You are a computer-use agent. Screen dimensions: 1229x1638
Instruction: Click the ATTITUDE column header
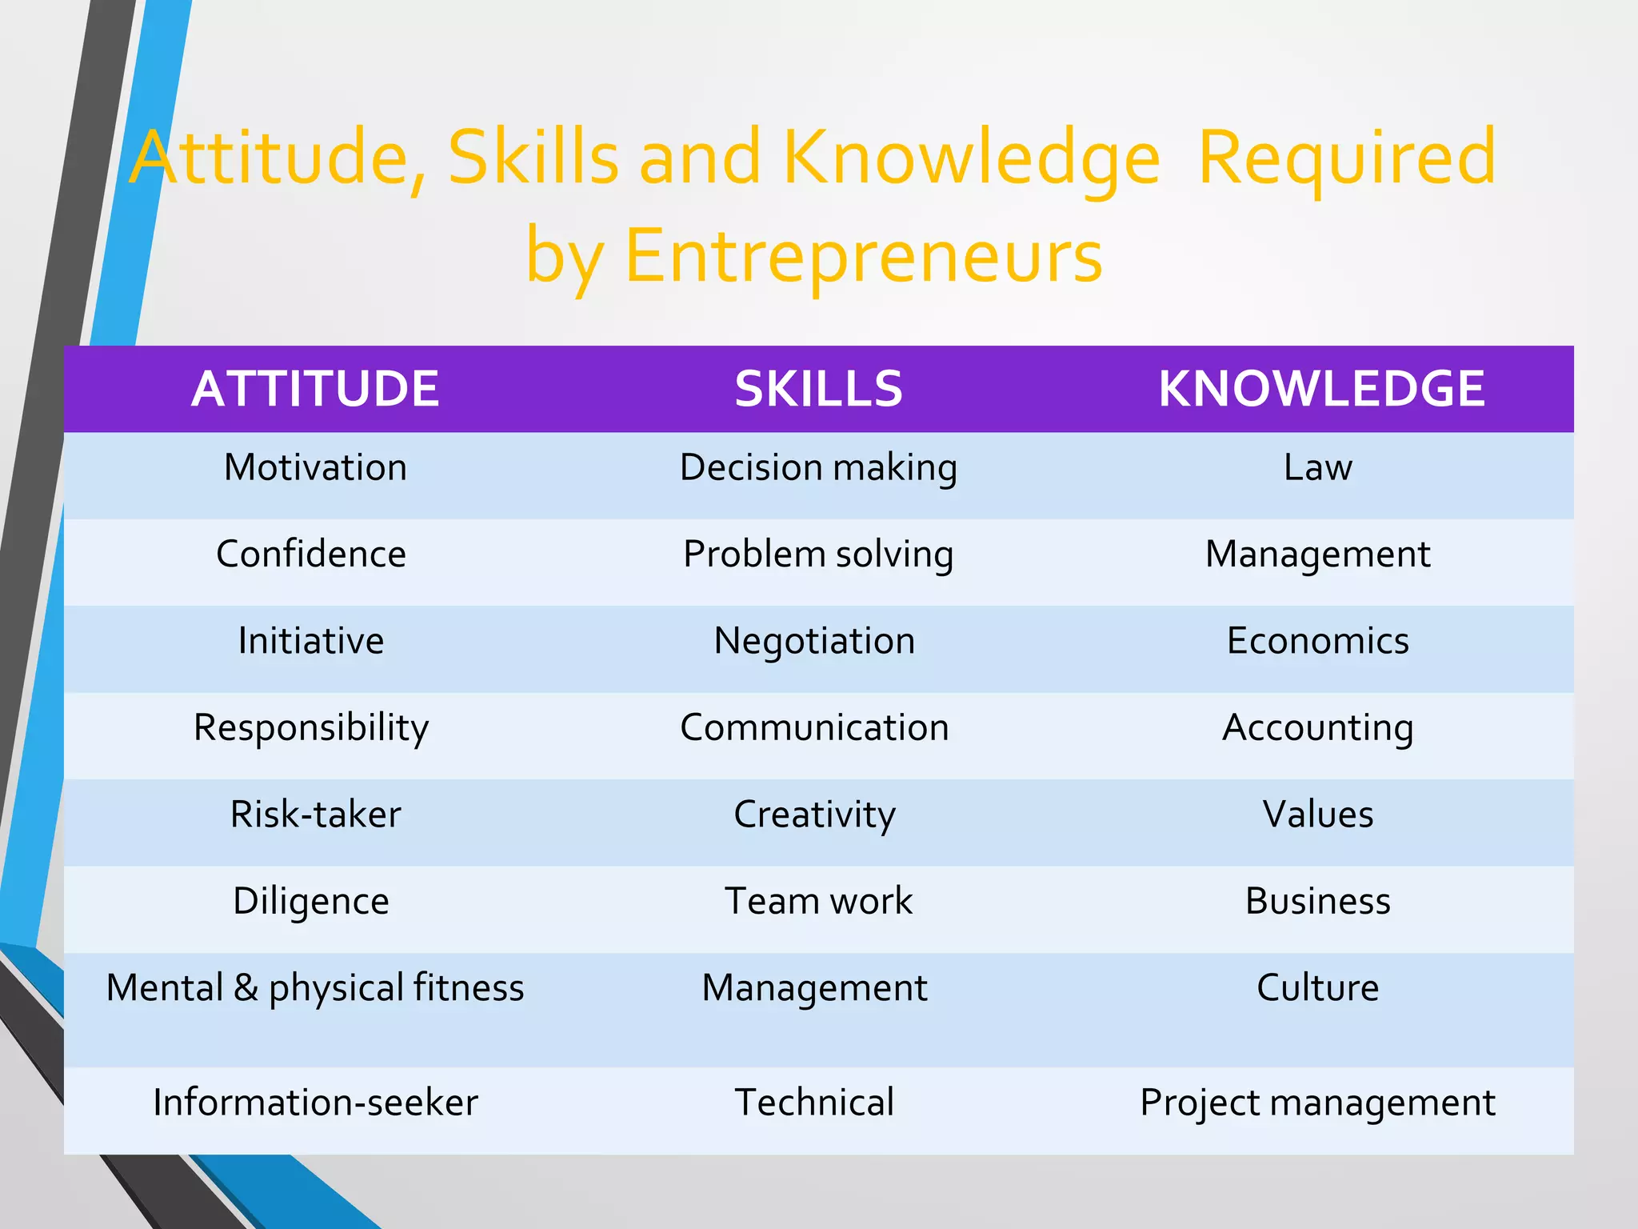[315, 389]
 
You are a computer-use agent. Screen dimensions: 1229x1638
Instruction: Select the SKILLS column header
[818, 389]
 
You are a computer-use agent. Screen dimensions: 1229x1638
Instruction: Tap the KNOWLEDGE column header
[1321, 389]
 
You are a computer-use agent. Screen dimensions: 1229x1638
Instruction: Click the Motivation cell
[315, 467]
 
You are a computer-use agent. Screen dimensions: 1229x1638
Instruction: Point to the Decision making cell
[818, 468]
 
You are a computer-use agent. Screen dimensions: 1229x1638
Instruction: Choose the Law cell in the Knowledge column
[1318, 467]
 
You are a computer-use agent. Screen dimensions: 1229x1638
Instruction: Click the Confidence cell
[311, 554]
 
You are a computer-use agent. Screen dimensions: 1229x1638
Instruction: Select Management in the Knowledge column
[1318, 554]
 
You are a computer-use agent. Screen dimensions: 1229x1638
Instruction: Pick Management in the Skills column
[814, 987]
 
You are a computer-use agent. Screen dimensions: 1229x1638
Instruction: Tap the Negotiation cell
[814, 641]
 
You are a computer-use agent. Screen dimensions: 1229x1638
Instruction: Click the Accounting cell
[1318, 728]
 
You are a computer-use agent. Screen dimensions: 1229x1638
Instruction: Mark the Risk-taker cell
[315, 815]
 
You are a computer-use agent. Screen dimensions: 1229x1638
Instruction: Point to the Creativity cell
[814, 815]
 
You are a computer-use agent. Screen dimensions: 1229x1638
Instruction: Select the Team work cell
[818, 901]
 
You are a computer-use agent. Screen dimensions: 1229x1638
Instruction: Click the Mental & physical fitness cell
[315, 988]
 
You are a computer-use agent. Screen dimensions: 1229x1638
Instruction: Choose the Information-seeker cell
[315, 1103]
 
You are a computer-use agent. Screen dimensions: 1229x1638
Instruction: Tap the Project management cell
[1318, 1103]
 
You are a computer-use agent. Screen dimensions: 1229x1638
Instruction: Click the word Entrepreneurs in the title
[864, 256]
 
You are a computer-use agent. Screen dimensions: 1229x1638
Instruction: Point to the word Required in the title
[1347, 158]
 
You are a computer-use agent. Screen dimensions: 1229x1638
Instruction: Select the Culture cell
[1318, 987]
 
